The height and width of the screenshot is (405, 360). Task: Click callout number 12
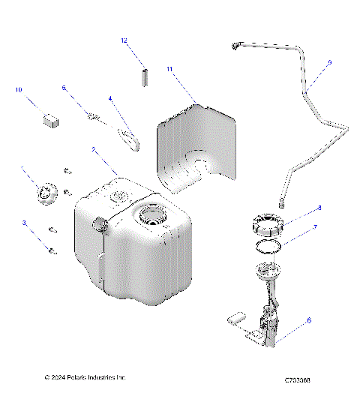(124, 41)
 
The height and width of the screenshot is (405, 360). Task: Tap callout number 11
(169, 69)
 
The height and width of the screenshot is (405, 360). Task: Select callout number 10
(19, 90)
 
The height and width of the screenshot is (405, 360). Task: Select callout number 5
(64, 88)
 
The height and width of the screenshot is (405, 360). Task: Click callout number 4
(110, 98)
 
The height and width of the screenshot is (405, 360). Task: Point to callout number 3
(24, 223)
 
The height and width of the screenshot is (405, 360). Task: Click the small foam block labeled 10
(51, 118)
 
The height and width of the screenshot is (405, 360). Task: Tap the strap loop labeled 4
(132, 138)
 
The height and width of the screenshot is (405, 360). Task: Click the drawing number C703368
(298, 380)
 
